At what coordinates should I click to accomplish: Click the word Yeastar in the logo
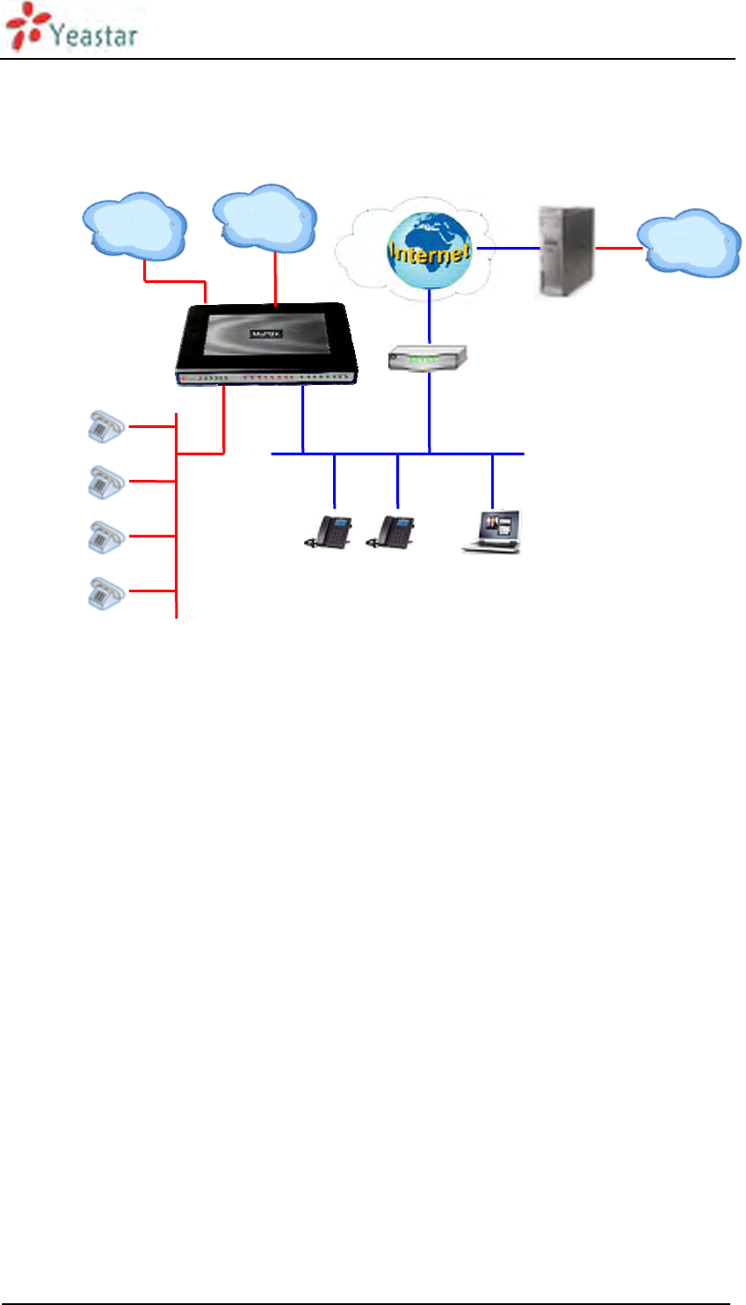pyautogui.click(x=94, y=34)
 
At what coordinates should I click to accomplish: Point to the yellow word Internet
pyautogui.click(x=430, y=253)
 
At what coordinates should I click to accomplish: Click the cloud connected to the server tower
pyautogui.click(x=691, y=243)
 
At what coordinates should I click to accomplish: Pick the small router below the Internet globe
pyautogui.click(x=428, y=358)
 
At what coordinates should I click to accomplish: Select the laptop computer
pyautogui.click(x=493, y=532)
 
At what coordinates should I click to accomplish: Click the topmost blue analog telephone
pyautogui.click(x=105, y=426)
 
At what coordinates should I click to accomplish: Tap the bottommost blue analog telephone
pyautogui.click(x=105, y=593)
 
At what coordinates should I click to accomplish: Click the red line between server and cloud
pyautogui.click(x=619, y=249)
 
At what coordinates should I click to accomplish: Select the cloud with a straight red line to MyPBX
pyautogui.click(x=264, y=218)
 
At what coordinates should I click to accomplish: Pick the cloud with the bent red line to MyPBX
pyautogui.click(x=134, y=226)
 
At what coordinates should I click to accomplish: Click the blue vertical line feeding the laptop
pyautogui.click(x=492, y=481)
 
